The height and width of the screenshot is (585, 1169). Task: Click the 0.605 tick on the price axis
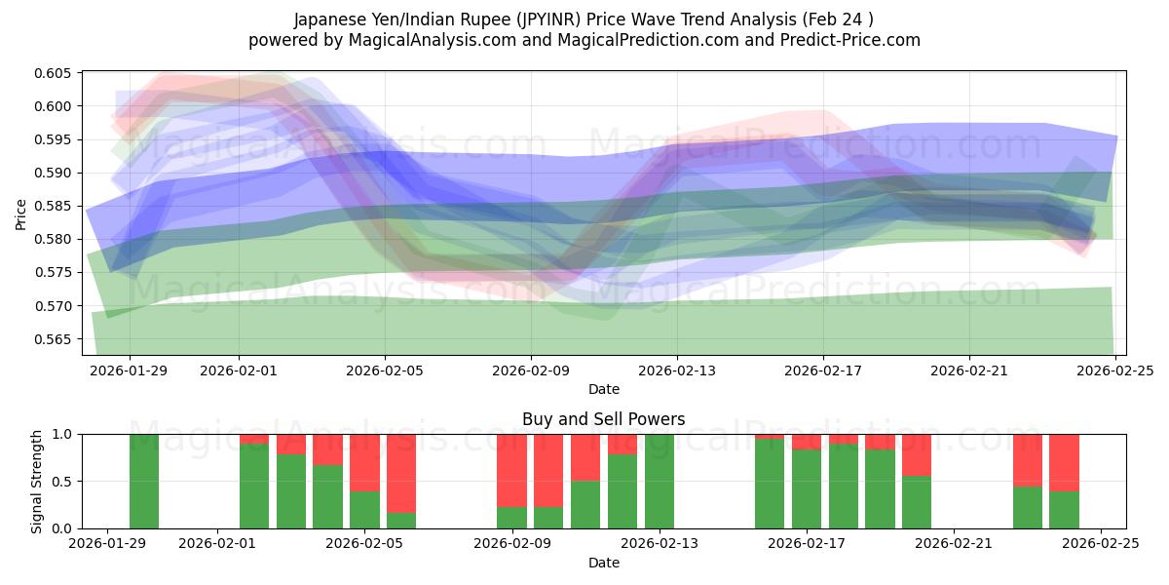[x=56, y=74]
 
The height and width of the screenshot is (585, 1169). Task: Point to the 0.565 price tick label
[x=56, y=339]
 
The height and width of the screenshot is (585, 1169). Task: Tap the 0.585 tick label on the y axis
[x=56, y=207]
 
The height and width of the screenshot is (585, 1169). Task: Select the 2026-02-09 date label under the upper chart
[x=531, y=370]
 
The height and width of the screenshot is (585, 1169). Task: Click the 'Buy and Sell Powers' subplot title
[x=603, y=420]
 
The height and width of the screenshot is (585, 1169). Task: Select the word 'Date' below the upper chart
[x=603, y=389]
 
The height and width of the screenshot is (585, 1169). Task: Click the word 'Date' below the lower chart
[x=603, y=563]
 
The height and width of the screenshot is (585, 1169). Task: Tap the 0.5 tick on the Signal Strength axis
[x=63, y=482]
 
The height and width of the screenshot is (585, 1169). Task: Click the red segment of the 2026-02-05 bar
[x=364, y=462]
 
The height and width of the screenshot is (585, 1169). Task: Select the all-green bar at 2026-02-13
[x=660, y=482]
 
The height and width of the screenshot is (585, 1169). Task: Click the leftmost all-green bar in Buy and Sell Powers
[x=144, y=482]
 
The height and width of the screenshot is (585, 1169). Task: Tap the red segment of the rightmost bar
[x=1064, y=462]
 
